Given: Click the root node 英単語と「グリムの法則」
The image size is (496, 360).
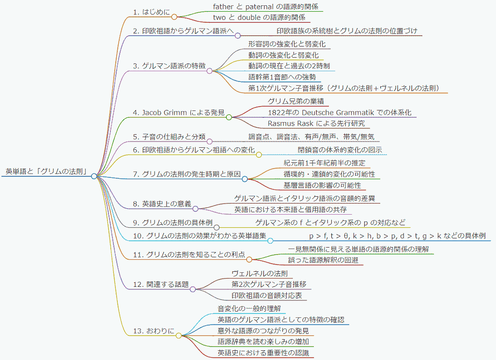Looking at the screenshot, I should [46, 172].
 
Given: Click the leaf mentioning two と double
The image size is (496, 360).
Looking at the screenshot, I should [259, 17].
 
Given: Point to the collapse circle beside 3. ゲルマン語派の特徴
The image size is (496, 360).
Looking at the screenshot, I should [209, 71].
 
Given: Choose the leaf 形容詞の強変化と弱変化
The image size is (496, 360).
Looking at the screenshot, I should [287, 44].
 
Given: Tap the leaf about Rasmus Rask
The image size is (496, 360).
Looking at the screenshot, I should [316, 124].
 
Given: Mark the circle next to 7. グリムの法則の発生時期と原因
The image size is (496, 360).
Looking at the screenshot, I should [245, 179].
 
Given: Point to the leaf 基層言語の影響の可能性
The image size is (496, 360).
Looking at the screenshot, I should [322, 185].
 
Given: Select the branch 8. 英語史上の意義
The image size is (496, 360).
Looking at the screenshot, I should [162, 204].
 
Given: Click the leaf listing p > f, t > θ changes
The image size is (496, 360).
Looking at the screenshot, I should [397, 236].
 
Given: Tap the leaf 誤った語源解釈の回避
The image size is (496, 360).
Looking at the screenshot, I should [323, 260].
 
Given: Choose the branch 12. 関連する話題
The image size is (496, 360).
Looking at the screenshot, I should [161, 284].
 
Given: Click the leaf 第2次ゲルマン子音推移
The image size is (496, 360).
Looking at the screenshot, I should [269, 284].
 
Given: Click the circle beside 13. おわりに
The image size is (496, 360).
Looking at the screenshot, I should [178, 335].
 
